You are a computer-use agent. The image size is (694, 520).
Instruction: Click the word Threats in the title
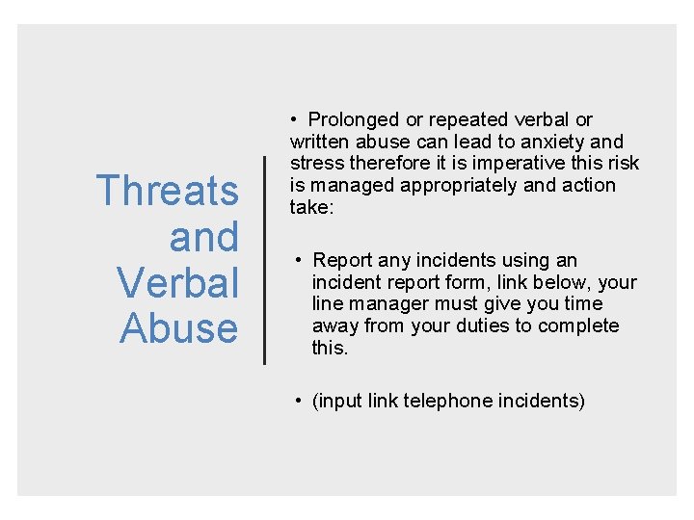[168, 191]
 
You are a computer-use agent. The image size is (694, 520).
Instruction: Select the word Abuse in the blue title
[179, 328]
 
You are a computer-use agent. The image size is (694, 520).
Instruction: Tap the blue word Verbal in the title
[177, 282]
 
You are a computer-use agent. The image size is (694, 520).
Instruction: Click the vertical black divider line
[265, 259]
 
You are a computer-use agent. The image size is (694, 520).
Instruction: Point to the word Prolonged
[353, 120]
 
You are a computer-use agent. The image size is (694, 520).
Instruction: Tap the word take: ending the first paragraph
[311, 206]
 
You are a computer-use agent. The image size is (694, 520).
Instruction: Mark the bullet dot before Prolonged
[293, 120]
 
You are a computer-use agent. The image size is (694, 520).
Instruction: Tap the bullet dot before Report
[301, 260]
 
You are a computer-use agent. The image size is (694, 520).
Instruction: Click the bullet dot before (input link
[301, 401]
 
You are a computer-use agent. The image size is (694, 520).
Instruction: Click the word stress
[316, 163]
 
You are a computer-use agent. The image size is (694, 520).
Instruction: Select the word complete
[578, 325]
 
